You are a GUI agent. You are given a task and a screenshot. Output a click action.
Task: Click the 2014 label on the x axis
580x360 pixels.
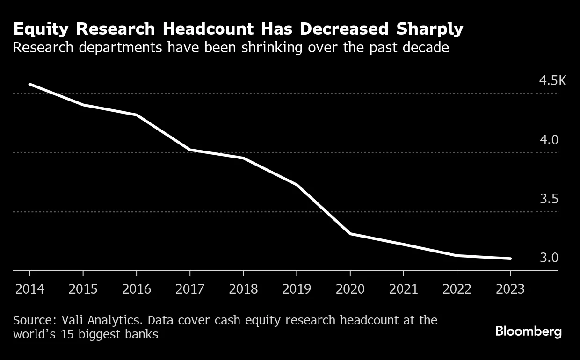[29, 289]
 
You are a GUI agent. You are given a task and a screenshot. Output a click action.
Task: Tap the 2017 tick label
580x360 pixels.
[189, 289]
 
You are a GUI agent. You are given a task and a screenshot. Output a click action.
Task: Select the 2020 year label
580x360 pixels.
[350, 289]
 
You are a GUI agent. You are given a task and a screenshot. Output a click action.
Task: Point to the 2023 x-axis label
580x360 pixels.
[510, 289]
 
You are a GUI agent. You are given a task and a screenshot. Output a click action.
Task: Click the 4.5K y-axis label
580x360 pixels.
[552, 81]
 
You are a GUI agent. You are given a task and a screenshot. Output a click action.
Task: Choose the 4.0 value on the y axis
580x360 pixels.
[549, 140]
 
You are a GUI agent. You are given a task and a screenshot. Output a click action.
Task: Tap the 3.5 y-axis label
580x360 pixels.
[549, 199]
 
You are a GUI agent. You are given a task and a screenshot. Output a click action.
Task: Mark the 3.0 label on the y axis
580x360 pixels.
[549, 258]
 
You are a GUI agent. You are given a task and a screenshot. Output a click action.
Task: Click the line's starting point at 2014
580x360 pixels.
[30, 84]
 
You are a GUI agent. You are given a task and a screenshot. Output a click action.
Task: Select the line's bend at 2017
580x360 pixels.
[190, 150]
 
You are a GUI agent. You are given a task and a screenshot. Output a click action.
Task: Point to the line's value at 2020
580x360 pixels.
[350, 233]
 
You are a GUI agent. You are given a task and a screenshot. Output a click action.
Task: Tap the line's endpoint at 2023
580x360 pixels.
[510, 259]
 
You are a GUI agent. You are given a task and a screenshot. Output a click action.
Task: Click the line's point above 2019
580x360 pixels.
[297, 185]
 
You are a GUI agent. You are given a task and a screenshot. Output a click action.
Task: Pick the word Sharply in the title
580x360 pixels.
[430, 29]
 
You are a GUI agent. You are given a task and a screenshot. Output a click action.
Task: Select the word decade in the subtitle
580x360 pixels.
[424, 48]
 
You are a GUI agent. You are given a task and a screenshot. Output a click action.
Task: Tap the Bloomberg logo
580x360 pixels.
[529, 331]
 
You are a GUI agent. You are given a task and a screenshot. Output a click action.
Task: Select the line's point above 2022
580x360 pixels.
[457, 255]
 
